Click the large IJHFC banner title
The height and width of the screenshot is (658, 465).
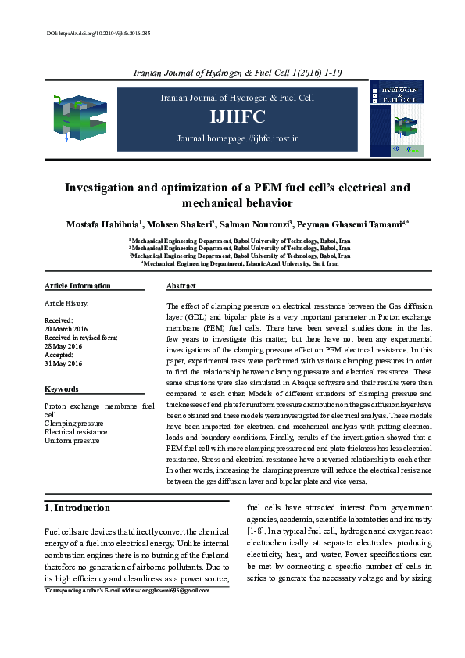[x=238, y=117]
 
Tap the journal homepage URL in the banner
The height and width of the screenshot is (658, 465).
[x=238, y=138]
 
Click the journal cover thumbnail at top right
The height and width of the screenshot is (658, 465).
[x=399, y=117]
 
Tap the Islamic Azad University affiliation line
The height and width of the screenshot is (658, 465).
[x=239, y=264]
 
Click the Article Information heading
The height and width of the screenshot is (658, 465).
[x=77, y=286]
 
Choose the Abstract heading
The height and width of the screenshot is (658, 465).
[x=181, y=286]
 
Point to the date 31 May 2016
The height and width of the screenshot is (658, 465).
[x=63, y=363]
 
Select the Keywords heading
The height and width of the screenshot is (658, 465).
[x=62, y=388]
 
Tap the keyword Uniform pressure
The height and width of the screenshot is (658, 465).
[x=72, y=441]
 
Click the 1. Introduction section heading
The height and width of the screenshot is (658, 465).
[x=76, y=508]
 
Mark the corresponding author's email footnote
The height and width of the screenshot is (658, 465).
[x=127, y=592]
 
